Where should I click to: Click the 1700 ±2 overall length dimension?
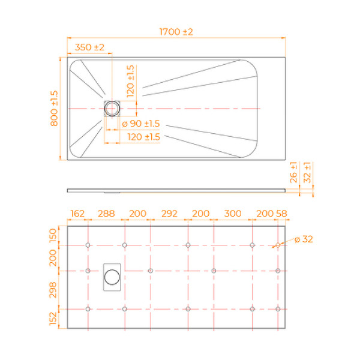pyautogui.click(x=175, y=32)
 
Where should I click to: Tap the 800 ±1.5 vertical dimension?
pyautogui.click(x=53, y=108)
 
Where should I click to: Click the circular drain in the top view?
pyautogui.click(x=112, y=108)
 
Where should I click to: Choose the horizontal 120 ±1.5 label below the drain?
pyautogui.click(x=143, y=137)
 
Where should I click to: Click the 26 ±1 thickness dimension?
pyautogui.click(x=293, y=172)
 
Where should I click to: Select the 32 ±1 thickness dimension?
pyautogui.click(x=308, y=172)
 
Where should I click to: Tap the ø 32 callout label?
pyautogui.click(x=303, y=239)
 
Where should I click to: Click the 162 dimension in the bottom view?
pyautogui.click(x=77, y=214)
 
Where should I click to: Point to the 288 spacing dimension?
pyautogui.click(x=106, y=214)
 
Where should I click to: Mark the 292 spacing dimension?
pyautogui.click(x=170, y=214)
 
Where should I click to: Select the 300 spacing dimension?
pyautogui.click(x=233, y=214)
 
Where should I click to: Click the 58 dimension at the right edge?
pyautogui.click(x=281, y=214)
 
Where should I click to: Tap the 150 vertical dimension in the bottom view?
pyautogui.click(x=53, y=234)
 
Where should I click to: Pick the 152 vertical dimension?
pyautogui.click(x=53, y=318)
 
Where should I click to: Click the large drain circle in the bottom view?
pyautogui.click(x=112, y=277)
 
